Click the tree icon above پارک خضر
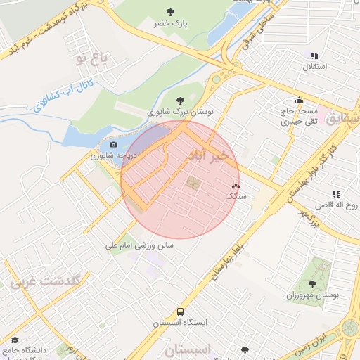point(171,11)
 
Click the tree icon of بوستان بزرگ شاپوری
point(181,100)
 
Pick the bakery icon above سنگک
point(235,186)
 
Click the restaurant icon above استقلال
point(314,56)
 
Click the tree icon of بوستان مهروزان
point(312,284)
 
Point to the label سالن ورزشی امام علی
point(139,245)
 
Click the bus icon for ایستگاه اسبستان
point(181,311)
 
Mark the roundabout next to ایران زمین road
point(349,328)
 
